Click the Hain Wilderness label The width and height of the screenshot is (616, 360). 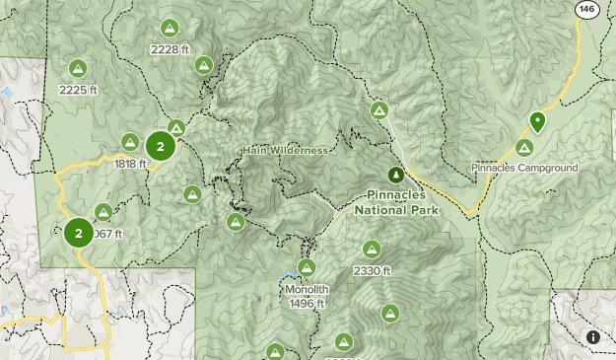[284, 150]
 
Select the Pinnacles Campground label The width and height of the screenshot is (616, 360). [524, 169]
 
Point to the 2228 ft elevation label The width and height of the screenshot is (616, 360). [169, 49]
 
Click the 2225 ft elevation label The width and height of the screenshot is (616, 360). [78, 90]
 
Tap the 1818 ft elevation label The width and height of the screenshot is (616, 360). [130, 164]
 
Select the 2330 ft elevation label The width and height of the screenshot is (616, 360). [372, 270]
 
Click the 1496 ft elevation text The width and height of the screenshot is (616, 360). [307, 304]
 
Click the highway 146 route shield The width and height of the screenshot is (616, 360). [587, 9]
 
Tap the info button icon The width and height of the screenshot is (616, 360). [592, 336]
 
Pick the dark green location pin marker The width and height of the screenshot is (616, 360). [537, 121]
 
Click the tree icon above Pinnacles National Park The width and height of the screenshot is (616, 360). [395, 175]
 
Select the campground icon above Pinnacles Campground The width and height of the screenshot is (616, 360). [524, 148]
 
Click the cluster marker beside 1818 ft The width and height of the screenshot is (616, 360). [160, 147]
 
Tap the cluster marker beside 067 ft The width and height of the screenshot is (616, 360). [78, 234]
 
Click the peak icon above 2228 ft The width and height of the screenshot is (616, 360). [169, 28]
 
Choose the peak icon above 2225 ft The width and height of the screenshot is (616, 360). [78, 68]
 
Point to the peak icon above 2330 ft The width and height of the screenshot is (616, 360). [372, 249]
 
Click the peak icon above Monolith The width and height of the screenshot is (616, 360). [307, 267]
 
